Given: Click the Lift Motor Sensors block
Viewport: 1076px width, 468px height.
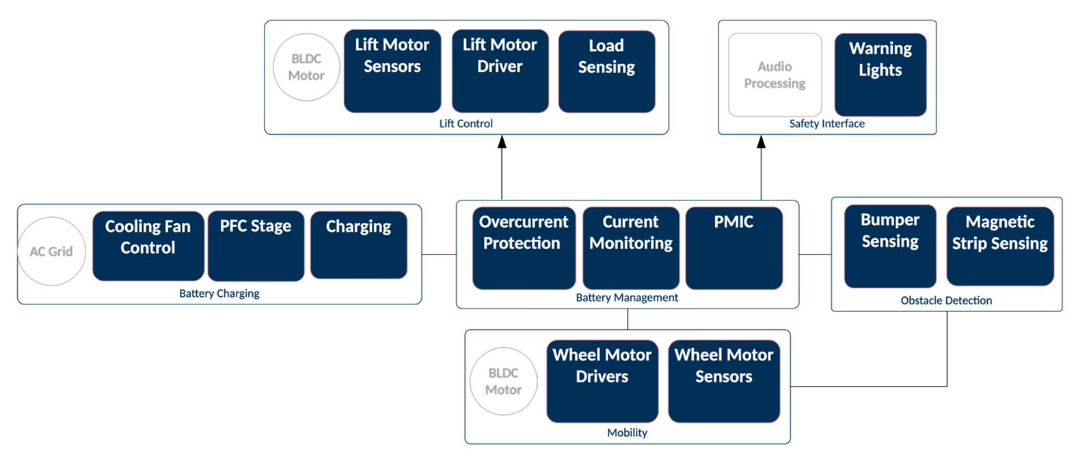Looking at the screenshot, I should [392, 71].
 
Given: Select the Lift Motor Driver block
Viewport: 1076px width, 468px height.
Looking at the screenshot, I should [500, 71].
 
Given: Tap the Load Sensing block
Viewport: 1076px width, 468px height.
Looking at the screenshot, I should [606, 71].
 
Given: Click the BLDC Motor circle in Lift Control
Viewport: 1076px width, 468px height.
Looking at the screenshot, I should [306, 67].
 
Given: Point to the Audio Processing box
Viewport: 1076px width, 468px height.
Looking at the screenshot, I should [775, 75].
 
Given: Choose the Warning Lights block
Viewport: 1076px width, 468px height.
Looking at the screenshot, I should [880, 75].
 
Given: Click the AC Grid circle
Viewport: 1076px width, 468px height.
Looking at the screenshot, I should [52, 251].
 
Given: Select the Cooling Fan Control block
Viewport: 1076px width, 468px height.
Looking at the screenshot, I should [148, 246].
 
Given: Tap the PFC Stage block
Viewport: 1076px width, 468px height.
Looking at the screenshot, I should [256, 246].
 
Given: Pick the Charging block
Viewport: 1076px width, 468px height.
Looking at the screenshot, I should [359, 244].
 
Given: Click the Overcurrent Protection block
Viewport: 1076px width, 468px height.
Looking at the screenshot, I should [524, 248].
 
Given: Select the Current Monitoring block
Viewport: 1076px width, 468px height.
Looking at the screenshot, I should [631, 248].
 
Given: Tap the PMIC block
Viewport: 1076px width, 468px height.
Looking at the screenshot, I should [734, 248].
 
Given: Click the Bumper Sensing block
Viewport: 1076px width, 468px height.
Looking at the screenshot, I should [890, 246].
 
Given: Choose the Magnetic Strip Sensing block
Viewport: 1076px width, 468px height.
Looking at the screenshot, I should [1000, 246].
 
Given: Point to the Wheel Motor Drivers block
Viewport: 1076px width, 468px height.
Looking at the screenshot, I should [602, 381].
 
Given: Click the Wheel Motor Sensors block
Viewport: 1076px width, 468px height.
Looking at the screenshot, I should [724, 381].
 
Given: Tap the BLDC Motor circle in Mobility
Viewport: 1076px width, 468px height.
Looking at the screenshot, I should [504, 381].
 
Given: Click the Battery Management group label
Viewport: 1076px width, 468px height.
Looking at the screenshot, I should [627, 298].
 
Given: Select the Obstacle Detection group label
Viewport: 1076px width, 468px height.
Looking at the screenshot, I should [946, 300].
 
